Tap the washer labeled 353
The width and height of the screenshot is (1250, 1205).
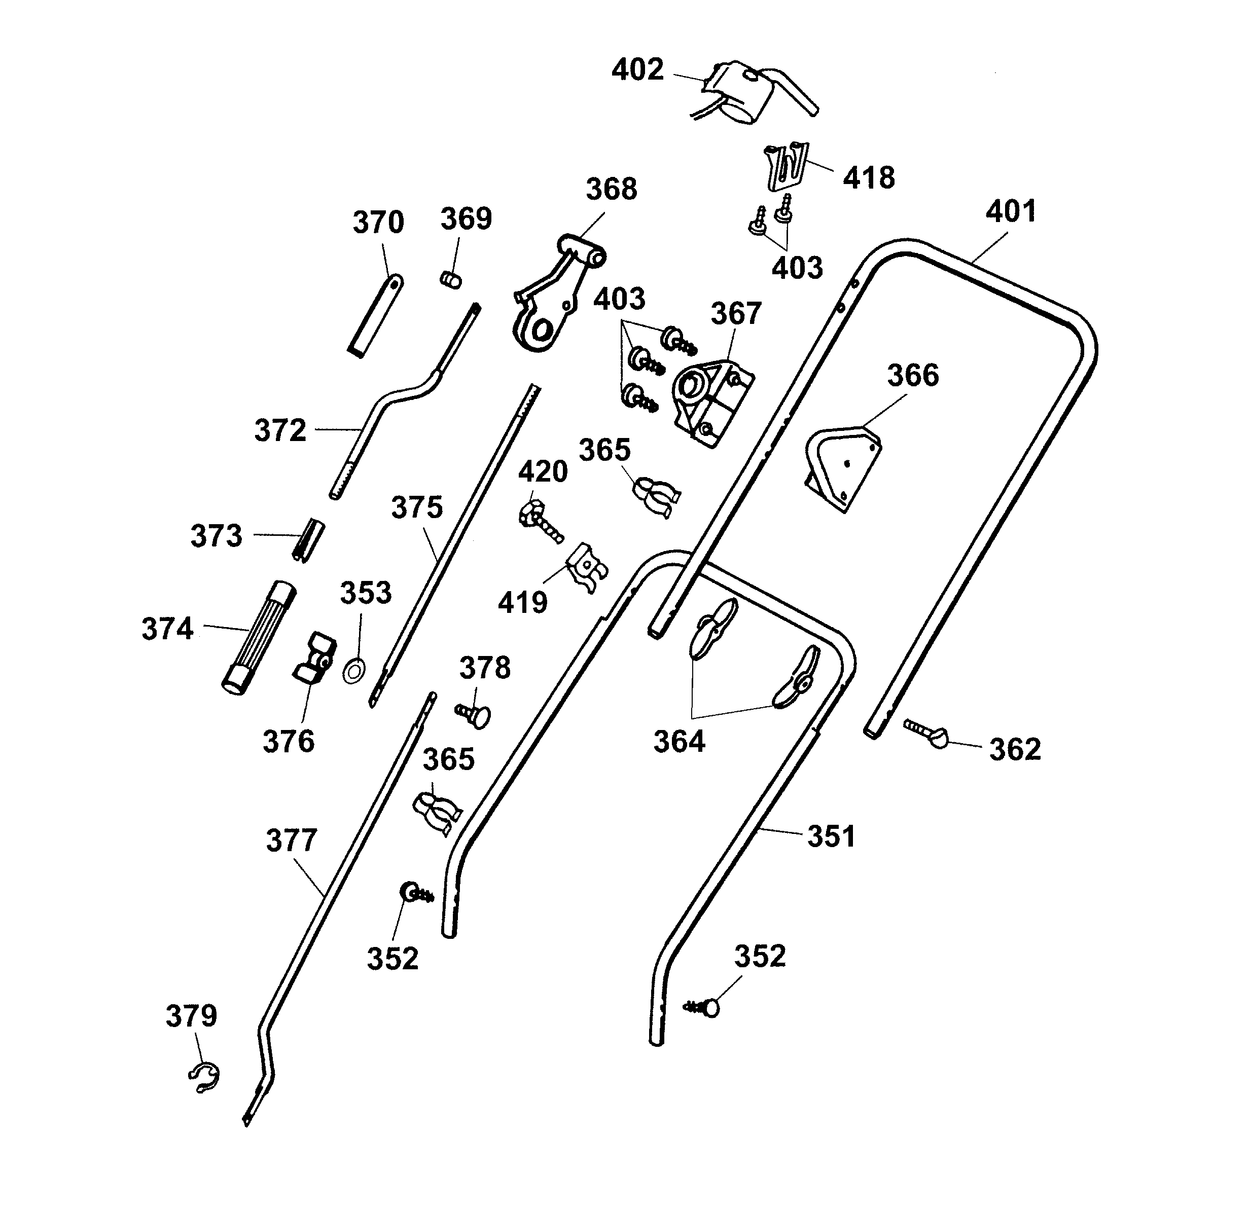[354, 670]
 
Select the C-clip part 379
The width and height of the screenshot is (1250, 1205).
[205, 1077]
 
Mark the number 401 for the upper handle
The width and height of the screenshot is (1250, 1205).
[1011, 212]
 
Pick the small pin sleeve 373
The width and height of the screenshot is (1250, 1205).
[309, 539]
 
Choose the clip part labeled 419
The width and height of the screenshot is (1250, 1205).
[586, 567]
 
